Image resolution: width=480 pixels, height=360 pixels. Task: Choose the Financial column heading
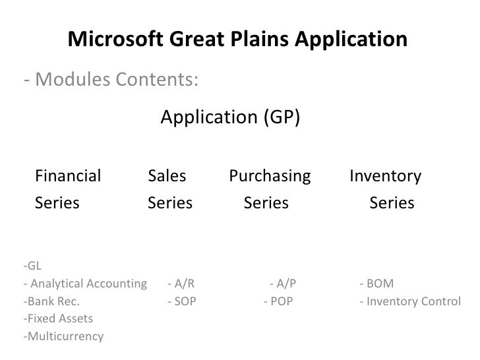click(68, 176)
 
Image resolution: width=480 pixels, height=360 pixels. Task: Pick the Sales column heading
click(167, 176)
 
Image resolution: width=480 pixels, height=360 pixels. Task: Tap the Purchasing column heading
click(270, 176)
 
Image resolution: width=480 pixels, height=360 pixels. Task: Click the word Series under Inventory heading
click(392, 203)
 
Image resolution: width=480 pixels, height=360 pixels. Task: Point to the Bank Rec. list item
click(51, 302)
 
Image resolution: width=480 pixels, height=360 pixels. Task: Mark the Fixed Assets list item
click(57, 319)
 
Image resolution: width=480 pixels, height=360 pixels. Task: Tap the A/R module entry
click(181, 284)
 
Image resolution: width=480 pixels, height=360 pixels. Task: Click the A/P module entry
click(284, 284)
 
